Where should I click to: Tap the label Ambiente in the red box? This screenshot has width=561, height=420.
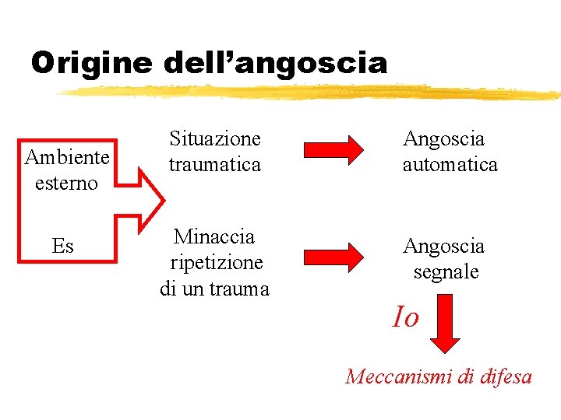pyautogui.click(x=67, y=157)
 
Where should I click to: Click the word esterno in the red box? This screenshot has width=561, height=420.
pyautogui.click(x=67, y=184)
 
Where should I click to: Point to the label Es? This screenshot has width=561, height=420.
pyautogui.click(x=62, y=247)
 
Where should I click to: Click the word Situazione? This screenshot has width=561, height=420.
pyautogui.click(x=215, y=139)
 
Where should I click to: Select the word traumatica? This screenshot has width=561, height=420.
pyautogui.click(x=215, y=165)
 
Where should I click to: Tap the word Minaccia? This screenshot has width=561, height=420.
pyautogui.click(x=214, y=236)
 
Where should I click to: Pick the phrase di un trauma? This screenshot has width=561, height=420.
pyautogui.click(x=214, y=289)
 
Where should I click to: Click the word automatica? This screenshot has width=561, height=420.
pyautogui.click(x=450, y=165)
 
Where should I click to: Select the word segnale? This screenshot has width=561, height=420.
pyautogui.click(x=446, y=272)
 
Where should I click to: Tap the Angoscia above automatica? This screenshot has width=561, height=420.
pyautogui.click(x=443, y=139)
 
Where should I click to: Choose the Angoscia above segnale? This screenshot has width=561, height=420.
pyautogui.click(x=443, y=247)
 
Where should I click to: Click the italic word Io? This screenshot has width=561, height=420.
pyautogui.click(x=405, y=317)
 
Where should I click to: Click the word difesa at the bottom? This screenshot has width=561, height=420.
pyautogui.click(x=506, y=377)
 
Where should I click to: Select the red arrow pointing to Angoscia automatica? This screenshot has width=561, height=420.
pyautogui.click(x=333, y=149)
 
